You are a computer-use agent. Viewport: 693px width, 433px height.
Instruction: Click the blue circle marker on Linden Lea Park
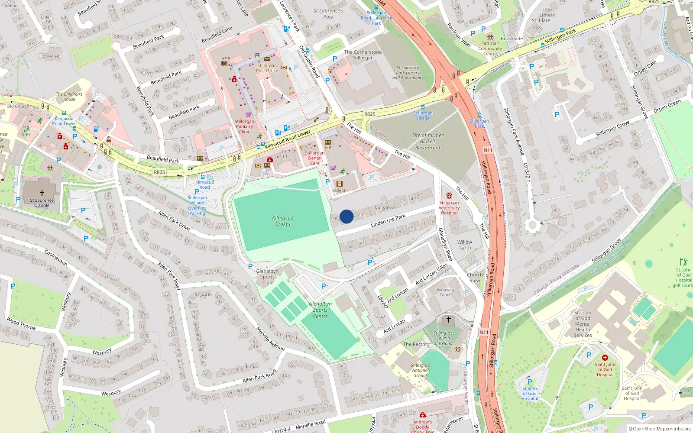346,216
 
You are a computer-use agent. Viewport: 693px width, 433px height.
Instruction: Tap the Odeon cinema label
340,190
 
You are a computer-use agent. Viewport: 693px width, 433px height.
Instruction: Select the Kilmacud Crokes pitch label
283,221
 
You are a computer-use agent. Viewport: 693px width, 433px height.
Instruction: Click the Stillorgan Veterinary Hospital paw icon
449,196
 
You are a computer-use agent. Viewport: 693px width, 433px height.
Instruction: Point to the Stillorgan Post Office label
267,68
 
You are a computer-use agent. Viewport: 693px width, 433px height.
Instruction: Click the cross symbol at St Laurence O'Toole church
42,193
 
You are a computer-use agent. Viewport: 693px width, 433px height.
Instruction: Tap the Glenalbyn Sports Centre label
320,310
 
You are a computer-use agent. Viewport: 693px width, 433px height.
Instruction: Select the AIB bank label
328,148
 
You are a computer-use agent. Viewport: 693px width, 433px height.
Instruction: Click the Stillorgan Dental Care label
315,158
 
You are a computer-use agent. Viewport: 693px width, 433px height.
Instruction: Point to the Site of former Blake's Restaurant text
427,142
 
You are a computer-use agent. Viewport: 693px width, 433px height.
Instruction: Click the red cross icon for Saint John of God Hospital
605,358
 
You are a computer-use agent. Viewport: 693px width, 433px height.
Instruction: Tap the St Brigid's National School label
420,370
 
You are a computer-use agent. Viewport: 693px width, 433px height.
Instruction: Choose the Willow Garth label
464,245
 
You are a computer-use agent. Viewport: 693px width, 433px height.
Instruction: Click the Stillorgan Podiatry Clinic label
245,126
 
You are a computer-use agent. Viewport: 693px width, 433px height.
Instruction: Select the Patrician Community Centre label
490,48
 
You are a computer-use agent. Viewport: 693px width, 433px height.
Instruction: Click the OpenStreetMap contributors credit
660,429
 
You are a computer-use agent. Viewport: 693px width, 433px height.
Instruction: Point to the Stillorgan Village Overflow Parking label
197,205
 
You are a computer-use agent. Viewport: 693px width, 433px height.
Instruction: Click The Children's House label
69,97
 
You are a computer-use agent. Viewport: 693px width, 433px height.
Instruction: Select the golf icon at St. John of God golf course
683,262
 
